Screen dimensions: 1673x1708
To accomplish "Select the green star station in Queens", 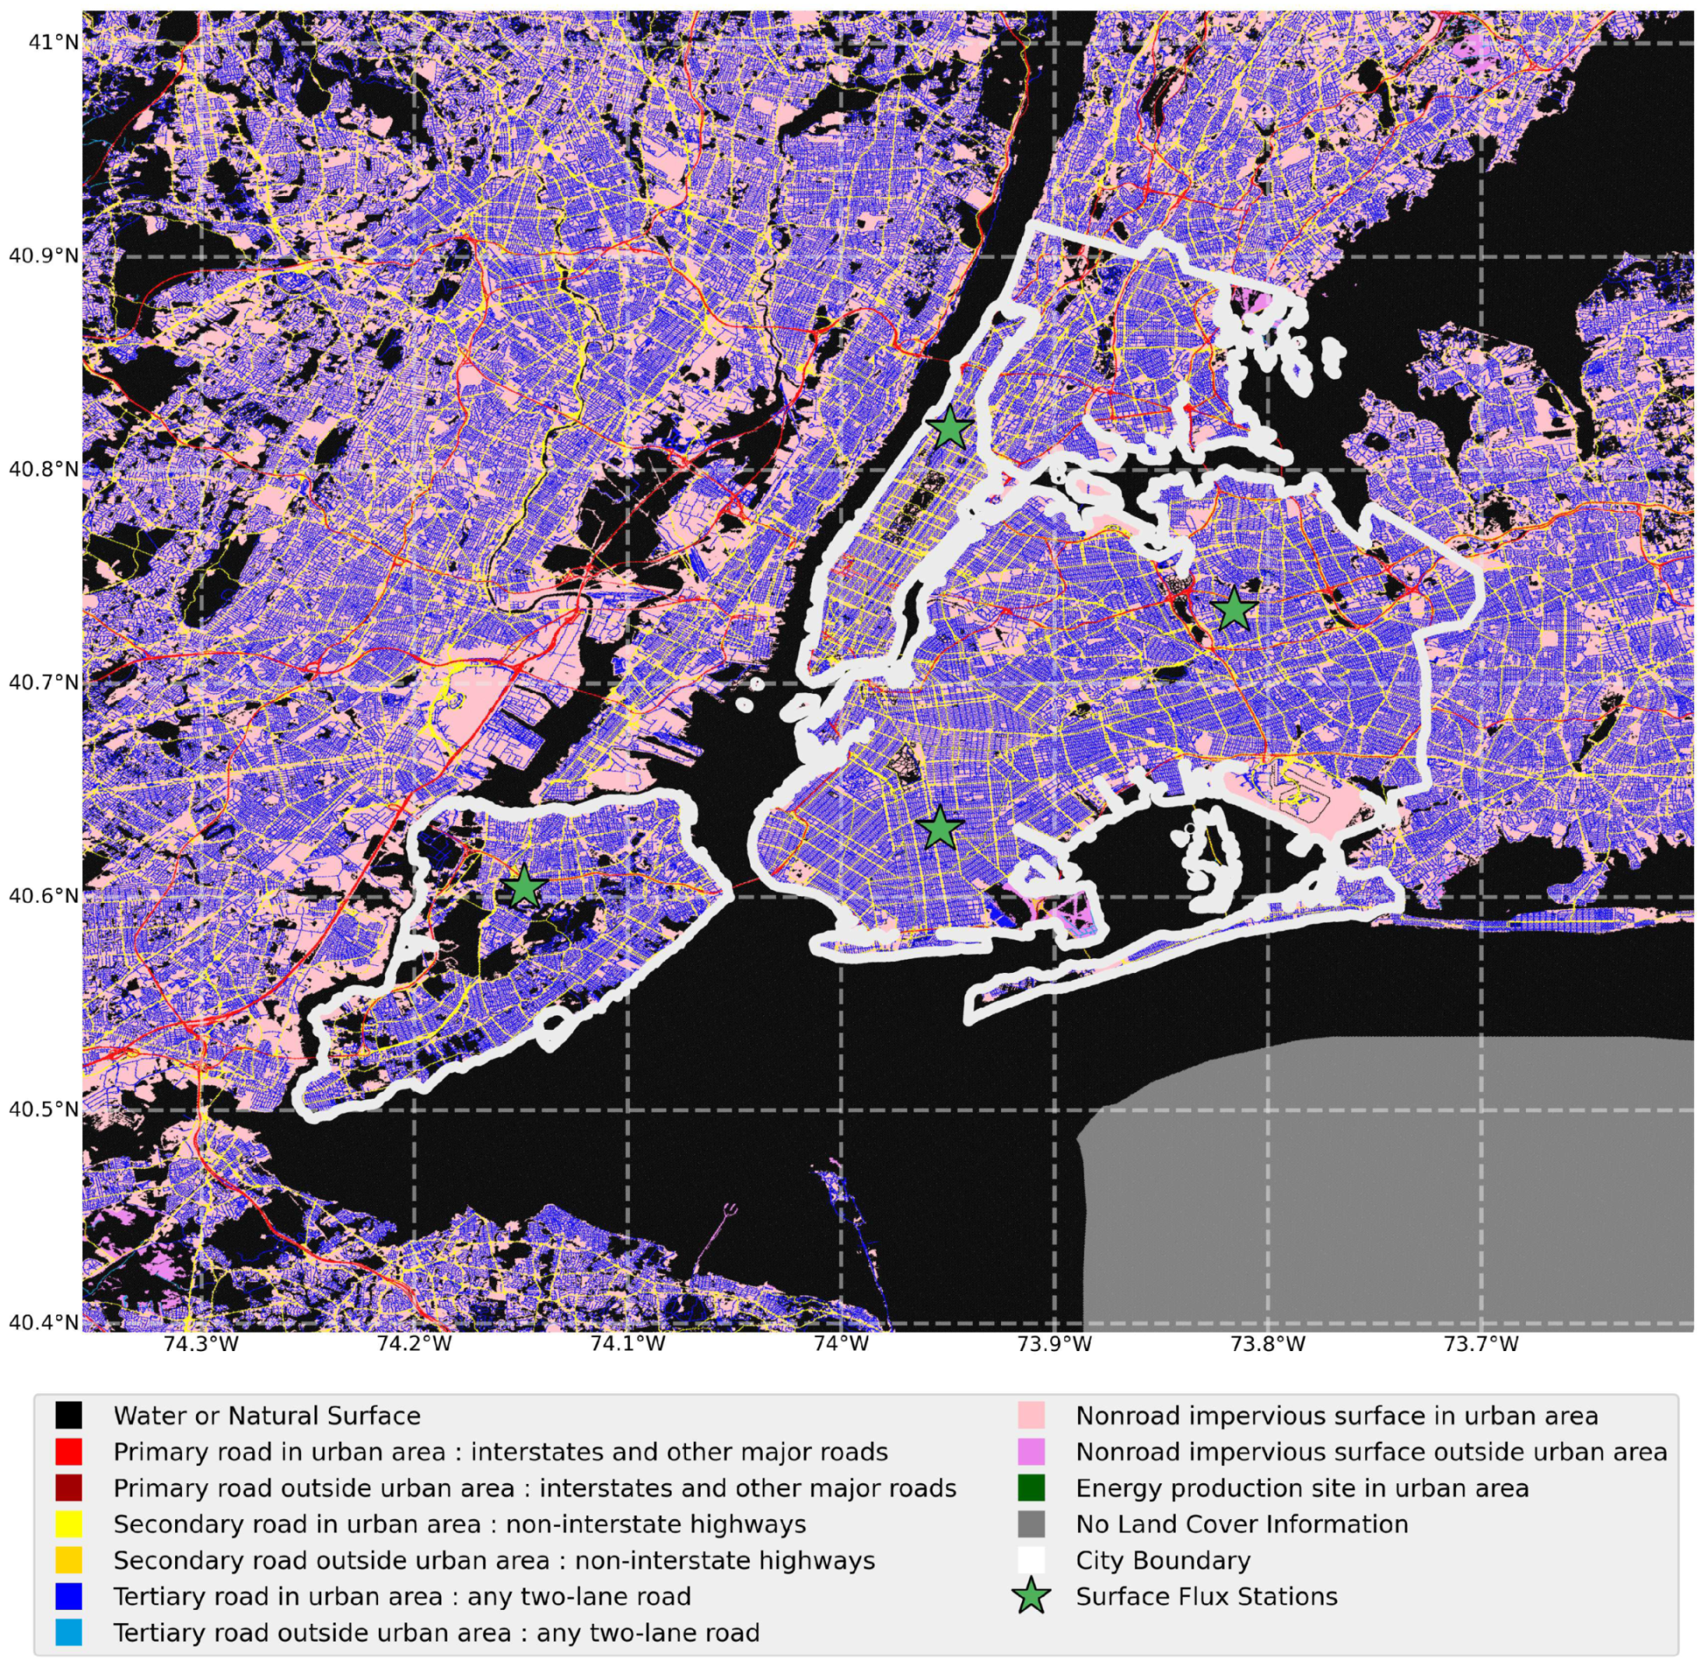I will [1234, 609].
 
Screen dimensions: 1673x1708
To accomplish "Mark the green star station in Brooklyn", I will [940, 827].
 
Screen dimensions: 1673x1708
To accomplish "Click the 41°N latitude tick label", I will [43, 41].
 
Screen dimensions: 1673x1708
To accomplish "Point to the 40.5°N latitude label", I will [43, 1109].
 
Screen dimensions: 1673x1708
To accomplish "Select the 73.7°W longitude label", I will [1482, 1343].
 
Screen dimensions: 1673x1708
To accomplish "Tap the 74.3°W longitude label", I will [201, 1343].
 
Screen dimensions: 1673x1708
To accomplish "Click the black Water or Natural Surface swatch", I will [68, 1416].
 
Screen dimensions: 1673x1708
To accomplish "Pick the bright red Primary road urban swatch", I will [68, 1451].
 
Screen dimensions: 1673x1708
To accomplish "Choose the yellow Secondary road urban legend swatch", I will [68, 1524].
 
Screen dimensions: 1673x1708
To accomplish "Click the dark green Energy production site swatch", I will [1031, 1488].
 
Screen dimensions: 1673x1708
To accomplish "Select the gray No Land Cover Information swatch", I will [1031, 1524].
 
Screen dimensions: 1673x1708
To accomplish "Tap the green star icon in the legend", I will [1031, 1597].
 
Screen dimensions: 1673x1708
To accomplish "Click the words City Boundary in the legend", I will [1162, 1560].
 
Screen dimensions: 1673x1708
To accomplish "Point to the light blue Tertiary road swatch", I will [68, 1633].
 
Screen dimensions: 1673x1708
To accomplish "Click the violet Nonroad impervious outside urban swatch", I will [1031, 1451].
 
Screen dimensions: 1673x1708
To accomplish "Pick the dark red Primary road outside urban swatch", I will [68, 1488].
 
